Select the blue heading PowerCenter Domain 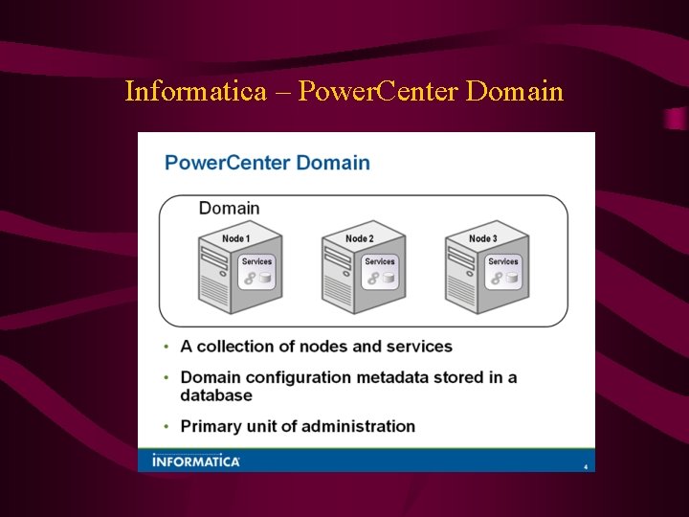point(267,162)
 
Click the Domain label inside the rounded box point(229,208)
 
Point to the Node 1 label point(235,238)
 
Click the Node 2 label point(359,238)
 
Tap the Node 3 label point(482,238)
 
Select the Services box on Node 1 point(256,272)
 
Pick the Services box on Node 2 point(380,272)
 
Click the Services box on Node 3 point(503,272)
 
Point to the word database point(216,394)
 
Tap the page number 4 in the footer point(585,466)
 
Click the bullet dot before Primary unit point(167,426)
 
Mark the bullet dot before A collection point(167,347)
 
